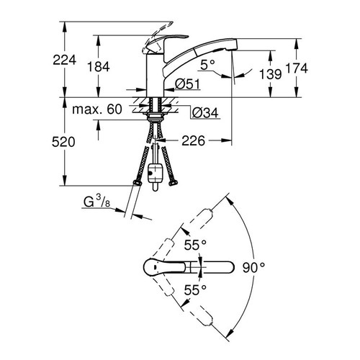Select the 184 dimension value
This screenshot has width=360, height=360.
(x=98, y=66)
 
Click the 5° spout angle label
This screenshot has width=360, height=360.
(x=208, y=64)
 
